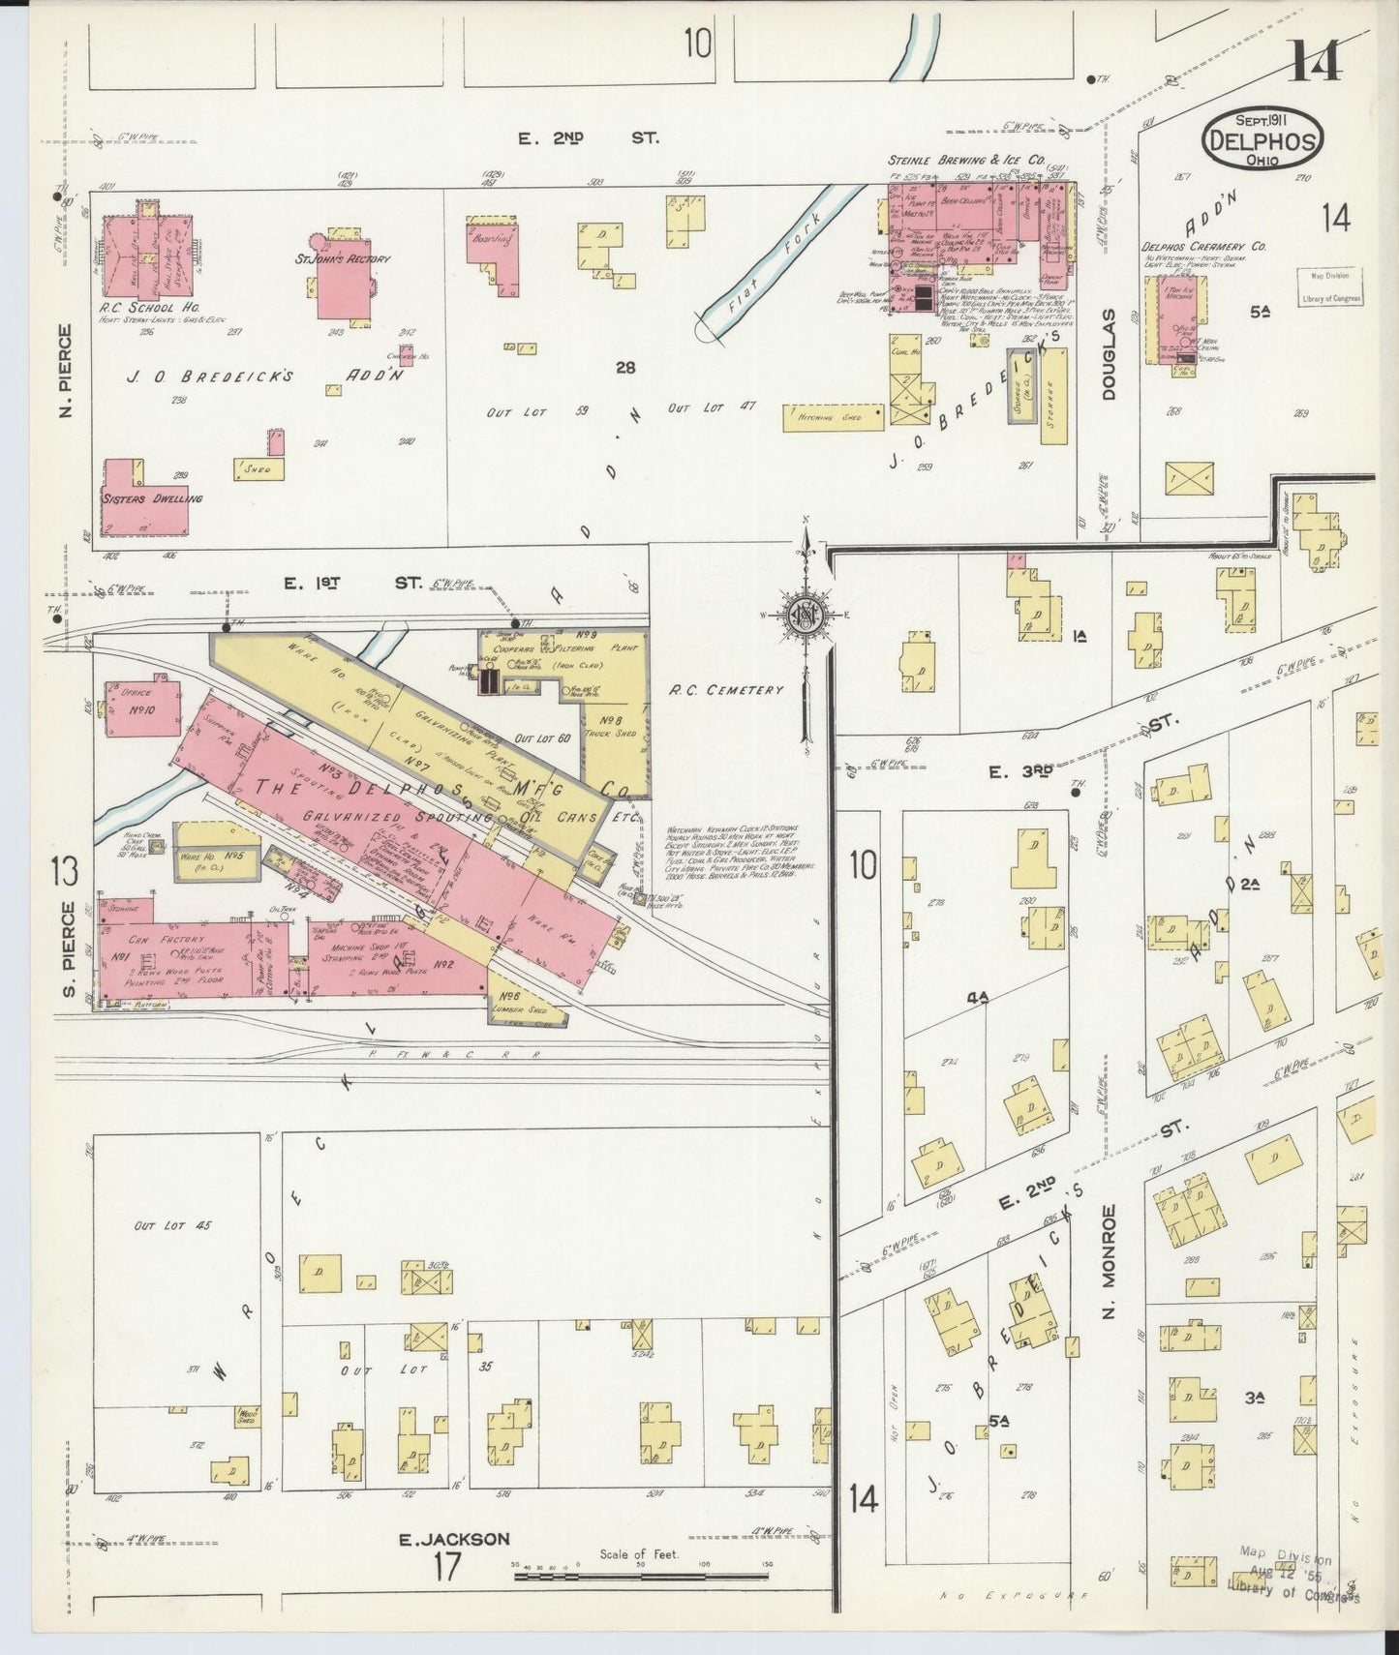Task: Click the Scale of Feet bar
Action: (x=639, y=1577)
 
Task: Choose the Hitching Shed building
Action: (x=834, y=416)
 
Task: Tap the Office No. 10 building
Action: (x=141, y=709)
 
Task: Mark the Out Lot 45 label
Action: (x=173, y=1225)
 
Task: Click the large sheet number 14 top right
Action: (x=1315, y=63)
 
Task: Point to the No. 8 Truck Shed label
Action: (x=611, y=725)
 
